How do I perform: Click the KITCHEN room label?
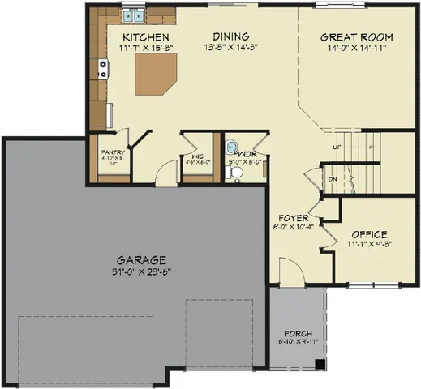click(145, 38)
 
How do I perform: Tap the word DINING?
click(230, 36)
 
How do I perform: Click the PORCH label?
click(297, 335)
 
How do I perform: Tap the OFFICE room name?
click(369, 234)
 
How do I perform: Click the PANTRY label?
click(111, 152)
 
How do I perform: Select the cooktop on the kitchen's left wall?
click(104, 71)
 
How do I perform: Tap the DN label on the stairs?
click(333, 180)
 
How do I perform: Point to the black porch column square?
click(320, 362)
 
